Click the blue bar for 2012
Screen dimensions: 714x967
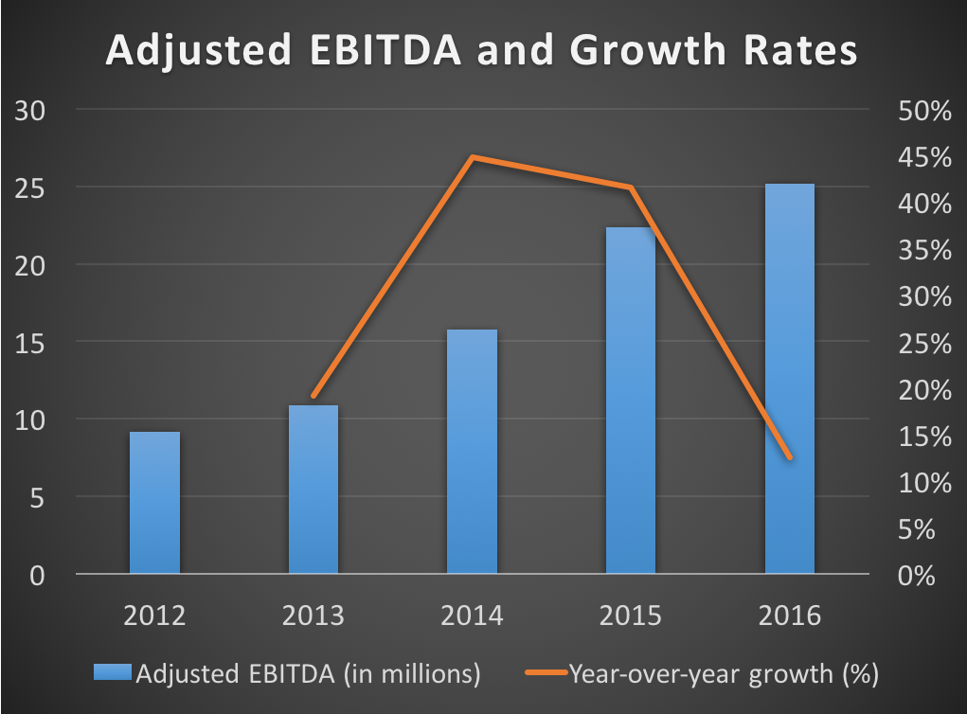pyautogui.click(x=154, y=503)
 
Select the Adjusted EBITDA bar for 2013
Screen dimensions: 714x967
pyautogui.click(x=313, y=490)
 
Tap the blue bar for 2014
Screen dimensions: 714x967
pyautogui.click(x=472, y=452)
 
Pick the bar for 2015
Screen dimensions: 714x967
pyautogui.click(x=631, y=401)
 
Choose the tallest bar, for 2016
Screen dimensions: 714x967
pyautogui.click(x=790, y=379)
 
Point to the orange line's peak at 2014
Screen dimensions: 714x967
pyautogui.click(x=473, y=157)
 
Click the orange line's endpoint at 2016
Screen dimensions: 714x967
pyautogui.click(x=790, y=458)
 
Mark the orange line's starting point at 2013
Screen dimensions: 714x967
pyautogui.click(x=313, y=396)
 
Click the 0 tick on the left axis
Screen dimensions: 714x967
pyautogui.click(x=36, y=575)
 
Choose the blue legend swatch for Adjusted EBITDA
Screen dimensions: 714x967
pyautogui.click(x=114, y=674)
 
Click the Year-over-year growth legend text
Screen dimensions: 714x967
pyautogui.click(x=724, y=674)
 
